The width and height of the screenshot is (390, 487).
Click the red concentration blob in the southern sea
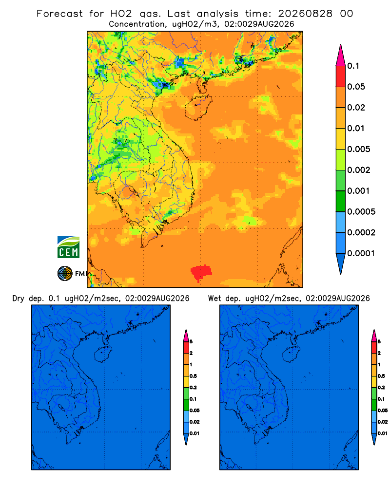pyautogui.click(x=201, y=272)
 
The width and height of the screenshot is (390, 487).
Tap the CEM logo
pyautogui.click(x=68, y=247)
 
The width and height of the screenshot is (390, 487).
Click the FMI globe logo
pyautogui.click(x=65, y=274)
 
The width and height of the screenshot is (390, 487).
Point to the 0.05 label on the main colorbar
pyautogui.click(x=356, y=87)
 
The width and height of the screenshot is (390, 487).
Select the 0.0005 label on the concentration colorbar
pyautogui.click(x=361, y=212)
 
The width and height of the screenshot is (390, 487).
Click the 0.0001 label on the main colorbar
pyautogui.click(x=361, y=253)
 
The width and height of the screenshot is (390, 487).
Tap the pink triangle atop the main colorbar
pyautogui.click(x=341, y=55)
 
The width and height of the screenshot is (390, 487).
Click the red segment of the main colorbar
pyautogui.click(x=341, y=76)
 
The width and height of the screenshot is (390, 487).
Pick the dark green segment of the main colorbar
pyautogui.click(x=341, y=201)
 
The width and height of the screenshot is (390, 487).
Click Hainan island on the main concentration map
pyautogui.click(x=198, y=108)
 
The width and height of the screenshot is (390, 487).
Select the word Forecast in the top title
pyautogui.click(x=59, y=14)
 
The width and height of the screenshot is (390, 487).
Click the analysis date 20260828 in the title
pyautogui.click(x=305, y=14)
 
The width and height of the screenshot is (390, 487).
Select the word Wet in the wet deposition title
pyautogui.click(x=214, y=299)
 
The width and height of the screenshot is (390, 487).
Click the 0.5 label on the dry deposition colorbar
pyautogui.click(x=193, y=376)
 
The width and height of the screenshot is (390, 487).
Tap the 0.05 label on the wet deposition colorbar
pyautogui.click(x=383, y=411)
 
